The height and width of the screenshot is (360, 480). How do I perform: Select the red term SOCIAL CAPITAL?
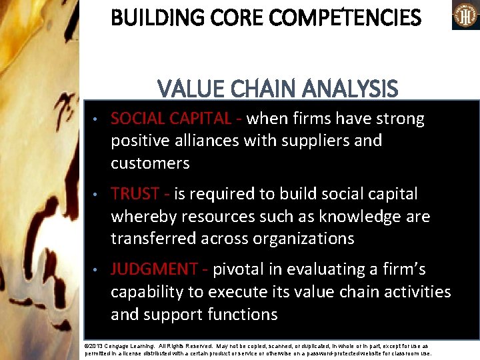[x=171, y=119]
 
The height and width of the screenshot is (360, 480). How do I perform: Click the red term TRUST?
[x=135, y=194]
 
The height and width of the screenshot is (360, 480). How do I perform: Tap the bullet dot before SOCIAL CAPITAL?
[x=96, y=120]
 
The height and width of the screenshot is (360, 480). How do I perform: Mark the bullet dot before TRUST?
[x=96, y=195]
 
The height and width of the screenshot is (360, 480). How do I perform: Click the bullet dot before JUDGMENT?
[x=96, y=271]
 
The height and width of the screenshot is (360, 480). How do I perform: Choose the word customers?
[x=150, y=163]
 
